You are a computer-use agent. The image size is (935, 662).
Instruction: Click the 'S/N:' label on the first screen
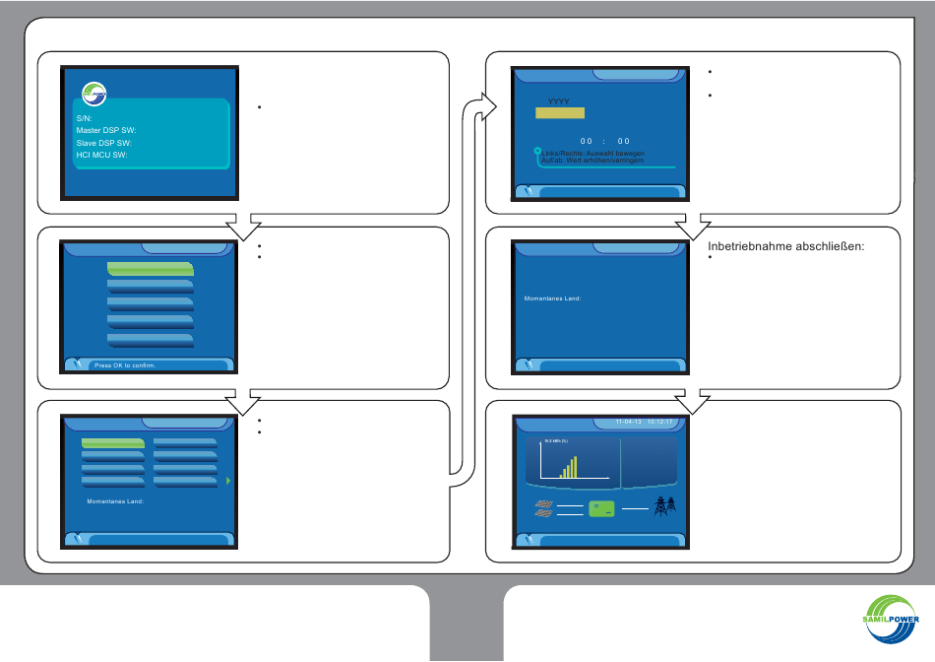(84, 117)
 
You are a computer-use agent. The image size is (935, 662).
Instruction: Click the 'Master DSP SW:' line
(106, 130)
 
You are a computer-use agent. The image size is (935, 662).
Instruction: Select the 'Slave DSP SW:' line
(103, 143)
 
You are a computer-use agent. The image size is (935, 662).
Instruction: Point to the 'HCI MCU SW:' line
(103, 155)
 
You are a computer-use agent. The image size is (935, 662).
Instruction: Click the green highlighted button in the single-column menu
(151, 268)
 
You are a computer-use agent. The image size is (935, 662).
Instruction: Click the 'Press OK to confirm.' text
(125, 365)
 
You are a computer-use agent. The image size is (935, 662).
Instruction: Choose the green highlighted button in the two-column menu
(113, 443)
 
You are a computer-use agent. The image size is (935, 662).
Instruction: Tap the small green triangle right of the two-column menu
(228, 481)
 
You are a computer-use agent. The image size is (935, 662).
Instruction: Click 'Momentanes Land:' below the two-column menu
(116, 501)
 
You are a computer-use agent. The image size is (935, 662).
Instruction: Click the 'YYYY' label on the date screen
(559, 101)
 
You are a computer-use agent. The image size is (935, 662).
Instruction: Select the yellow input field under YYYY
(559, 113)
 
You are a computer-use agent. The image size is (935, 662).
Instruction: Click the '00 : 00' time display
(604, 141)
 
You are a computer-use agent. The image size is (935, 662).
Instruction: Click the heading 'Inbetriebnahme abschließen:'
(785, 246)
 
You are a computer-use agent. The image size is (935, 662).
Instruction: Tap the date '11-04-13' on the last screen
(628, 422)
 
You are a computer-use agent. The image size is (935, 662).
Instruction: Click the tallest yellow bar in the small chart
(575, 466)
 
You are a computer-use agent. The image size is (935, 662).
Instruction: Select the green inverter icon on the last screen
(601, 508)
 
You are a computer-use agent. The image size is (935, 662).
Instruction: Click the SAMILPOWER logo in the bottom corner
(884, 623)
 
